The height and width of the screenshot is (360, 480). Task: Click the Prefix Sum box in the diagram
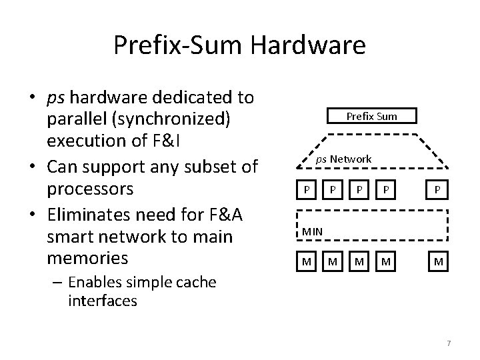tap(371, 116)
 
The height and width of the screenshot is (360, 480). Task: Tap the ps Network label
tap(343, 159)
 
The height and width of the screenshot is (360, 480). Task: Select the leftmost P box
tap(306, 189)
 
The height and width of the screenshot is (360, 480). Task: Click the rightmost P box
tap(438, 189)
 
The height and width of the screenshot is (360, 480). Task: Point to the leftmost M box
tap(306, 261)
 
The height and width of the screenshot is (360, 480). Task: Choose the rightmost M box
tap(438, 261)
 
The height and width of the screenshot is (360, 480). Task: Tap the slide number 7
tap(449, 343)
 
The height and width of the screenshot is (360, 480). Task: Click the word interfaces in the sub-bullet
tap(102, 301)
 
